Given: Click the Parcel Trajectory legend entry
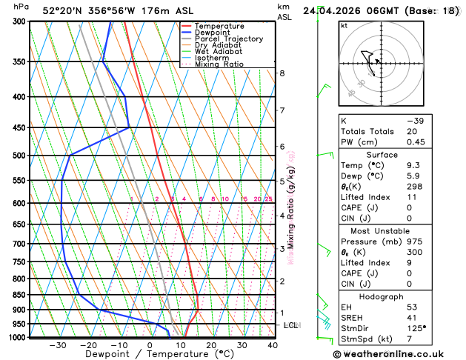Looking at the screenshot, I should (228, 39).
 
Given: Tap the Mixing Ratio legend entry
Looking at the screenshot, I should (219, 64).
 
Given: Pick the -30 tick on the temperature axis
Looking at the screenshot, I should (57, 345).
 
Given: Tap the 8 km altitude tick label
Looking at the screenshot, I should (282, 73).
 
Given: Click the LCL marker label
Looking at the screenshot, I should (290, 325).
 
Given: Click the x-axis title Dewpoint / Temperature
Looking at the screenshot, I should (148, 355).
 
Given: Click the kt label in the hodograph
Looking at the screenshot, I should (344, 26).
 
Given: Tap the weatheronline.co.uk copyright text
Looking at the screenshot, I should (392, 355).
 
